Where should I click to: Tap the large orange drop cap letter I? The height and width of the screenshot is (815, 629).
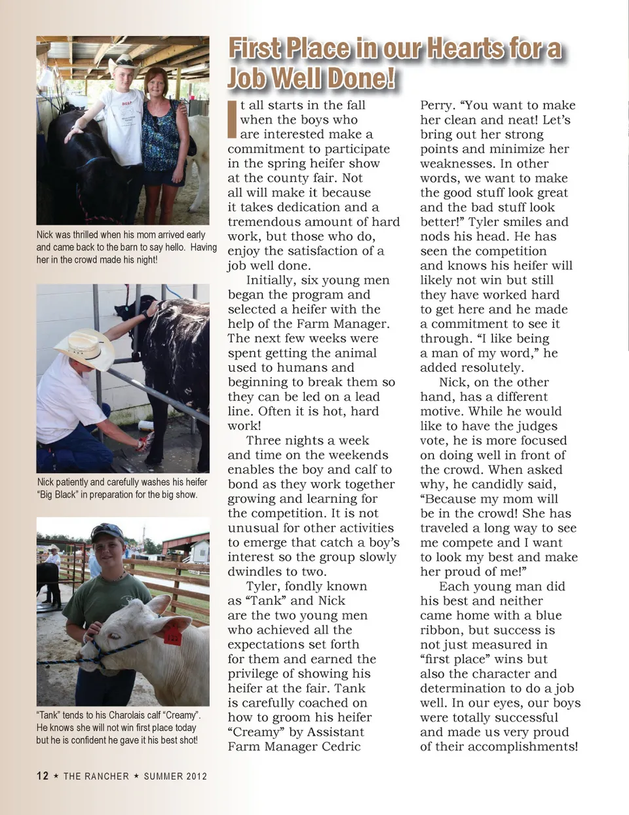(232, 120)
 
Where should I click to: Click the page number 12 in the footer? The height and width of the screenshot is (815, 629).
(43, 776)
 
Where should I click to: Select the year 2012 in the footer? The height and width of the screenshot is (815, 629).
(195, 776)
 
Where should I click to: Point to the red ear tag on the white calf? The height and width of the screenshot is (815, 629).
(172, 634)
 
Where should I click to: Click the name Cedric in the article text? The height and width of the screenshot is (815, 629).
(337, 746)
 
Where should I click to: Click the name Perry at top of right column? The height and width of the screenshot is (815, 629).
(436, 105)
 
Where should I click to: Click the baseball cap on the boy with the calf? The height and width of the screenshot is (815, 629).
(107, 531)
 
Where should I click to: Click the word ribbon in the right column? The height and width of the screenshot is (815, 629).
(442, 630)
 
